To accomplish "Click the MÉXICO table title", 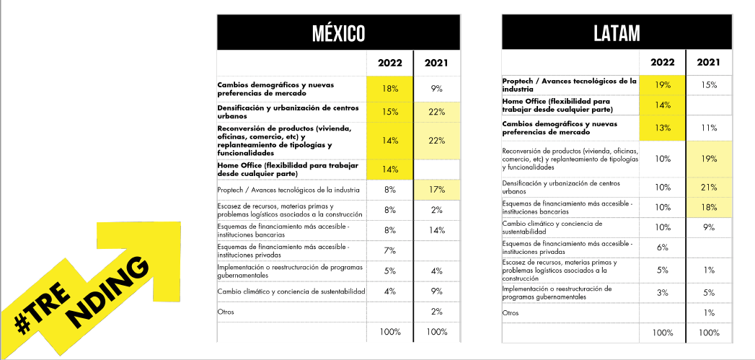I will pyautogui.click(x=338, y=33).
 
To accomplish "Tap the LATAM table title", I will pyautogui.click(x=617, y=33).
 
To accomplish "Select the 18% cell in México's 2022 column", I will pyautogui.click(x=390, y=88).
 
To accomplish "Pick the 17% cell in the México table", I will pyautogui.click(x=436, y=190).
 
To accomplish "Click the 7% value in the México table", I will pyautogui.click(x=390, y=250).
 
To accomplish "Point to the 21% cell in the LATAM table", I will pyautogui.click(x=709, y=188).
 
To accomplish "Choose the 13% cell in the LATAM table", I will pyautogui.click(x=663, y=128).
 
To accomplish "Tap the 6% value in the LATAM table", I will pyautogui.click(x=663, y=247).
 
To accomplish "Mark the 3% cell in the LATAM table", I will pyautogui.click(x=663, y=292).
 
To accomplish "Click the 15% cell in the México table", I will pyautogui.click(x=390, y=112).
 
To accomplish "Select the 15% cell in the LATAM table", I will pyautogui.click(x=709, y=84).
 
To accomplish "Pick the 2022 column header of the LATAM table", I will pyautogui.click(x=663, y=62).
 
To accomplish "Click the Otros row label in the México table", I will pyautogui.click(x=226, y=312).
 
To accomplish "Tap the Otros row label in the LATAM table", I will pyautogui.click(x=510, y=312).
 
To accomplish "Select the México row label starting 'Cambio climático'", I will pyautogui.click(x=291, y=291).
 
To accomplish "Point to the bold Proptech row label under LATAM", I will pyautogui.click(x=570, y=84).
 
